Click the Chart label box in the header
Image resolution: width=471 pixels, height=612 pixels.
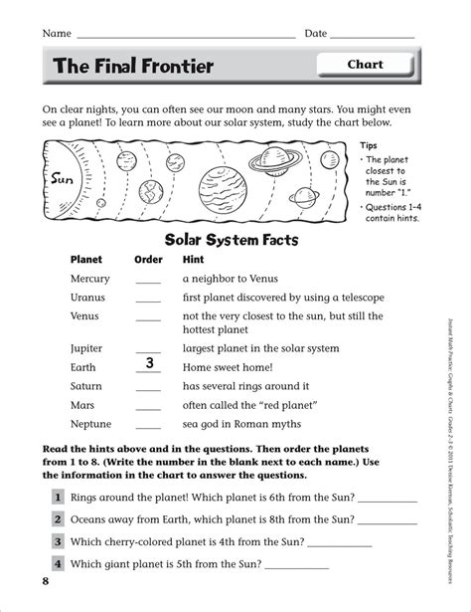[365, 66]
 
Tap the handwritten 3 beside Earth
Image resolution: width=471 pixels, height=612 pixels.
[148, 363]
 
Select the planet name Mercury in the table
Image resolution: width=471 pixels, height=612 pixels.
[90, 279]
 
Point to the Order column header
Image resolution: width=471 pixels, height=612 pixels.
[148, 259]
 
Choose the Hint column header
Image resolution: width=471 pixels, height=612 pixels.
[194, 259]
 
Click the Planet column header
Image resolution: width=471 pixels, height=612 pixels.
[86, 259]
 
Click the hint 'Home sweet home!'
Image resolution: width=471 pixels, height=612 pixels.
[228, 367]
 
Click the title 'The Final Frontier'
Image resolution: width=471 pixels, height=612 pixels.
[133, 67]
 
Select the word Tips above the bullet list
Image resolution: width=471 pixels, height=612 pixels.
[369, 144]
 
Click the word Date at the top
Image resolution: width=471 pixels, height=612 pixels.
[316, 34]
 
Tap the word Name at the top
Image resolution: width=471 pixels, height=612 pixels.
[57, 34]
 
